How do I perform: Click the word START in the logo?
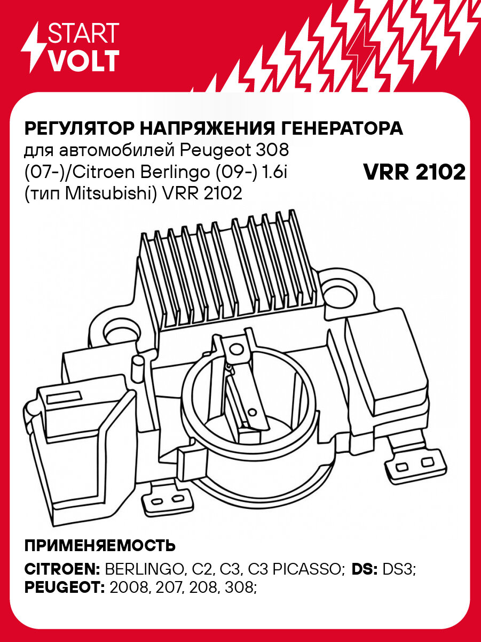pyautogui.click(x=84, y=34)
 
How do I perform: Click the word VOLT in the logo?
pyautogui.click(x=84, y=61)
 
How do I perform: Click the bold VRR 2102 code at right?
pyautogui.click(x=414, y=172)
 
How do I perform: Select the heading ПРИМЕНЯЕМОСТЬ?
pyautogui.click(x=100, y=546)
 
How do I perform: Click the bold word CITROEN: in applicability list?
pyautogui.click(x=62, y=569)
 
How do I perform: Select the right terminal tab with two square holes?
pyautogui.click(x=412, y=462)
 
